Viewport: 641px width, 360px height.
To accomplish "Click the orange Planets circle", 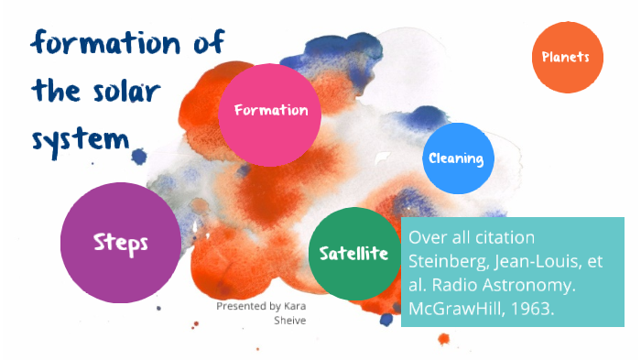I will point(568,57).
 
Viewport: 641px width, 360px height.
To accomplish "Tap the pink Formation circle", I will point(271,111).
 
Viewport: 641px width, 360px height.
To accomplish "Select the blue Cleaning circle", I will point(455,158).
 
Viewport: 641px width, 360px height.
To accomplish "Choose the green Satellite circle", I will point(353,253).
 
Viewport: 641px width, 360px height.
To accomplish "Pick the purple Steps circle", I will point(120,243).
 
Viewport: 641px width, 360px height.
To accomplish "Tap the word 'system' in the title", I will point(80,139).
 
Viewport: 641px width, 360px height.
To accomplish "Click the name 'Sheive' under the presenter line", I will point(291,321).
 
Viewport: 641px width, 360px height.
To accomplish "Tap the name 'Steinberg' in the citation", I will point(446,260).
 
